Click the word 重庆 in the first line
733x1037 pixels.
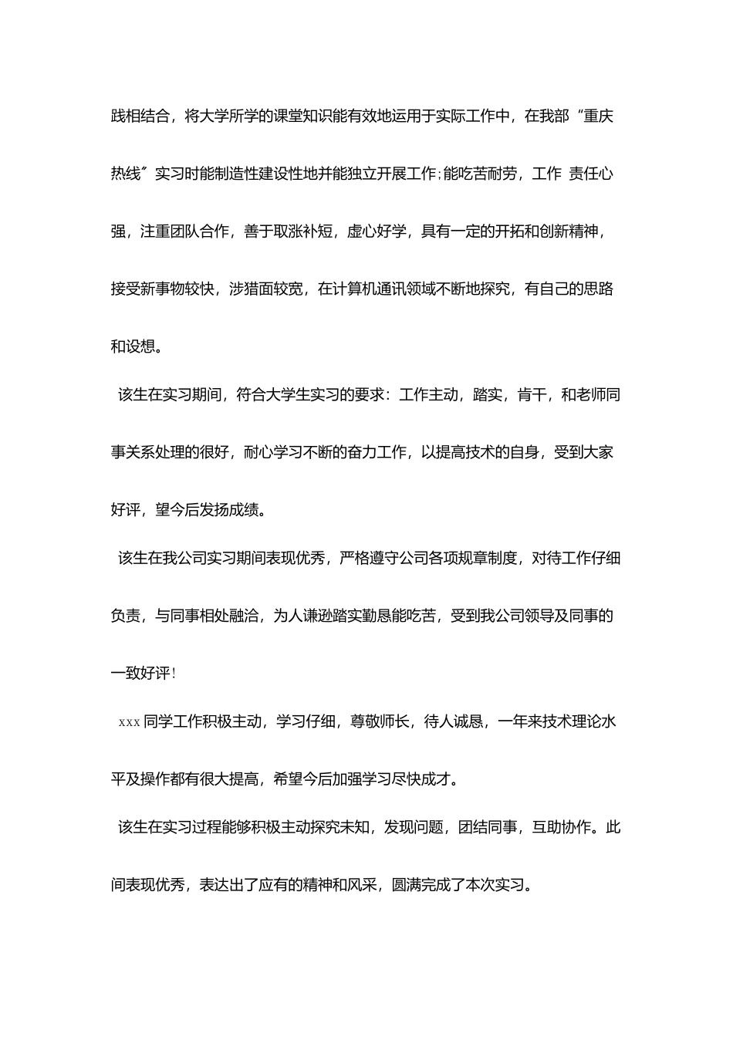(x=599, y=117)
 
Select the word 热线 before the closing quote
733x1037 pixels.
(x=126, y=174)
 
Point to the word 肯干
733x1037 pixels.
(x=532, y=395)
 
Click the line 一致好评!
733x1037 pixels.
(x=144, y=673)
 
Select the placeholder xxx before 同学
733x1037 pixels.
(x=129, y=722)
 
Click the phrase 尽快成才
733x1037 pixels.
(x=421, y=779)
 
